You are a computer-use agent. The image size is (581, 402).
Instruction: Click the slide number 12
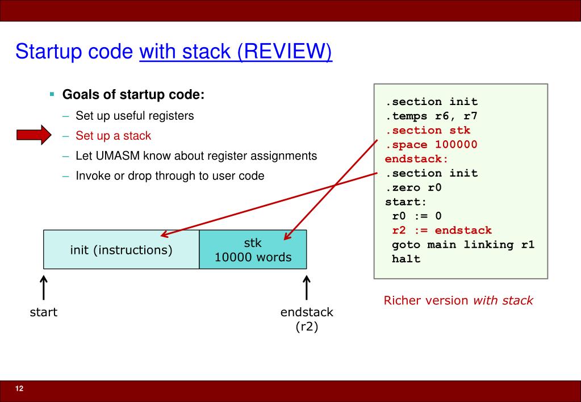tap(19, 388)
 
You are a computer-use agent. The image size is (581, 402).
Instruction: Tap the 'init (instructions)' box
tap(121, 249)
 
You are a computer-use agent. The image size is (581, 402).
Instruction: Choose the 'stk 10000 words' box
tap(253, 250)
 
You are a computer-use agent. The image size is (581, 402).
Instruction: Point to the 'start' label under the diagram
tap(43, 313)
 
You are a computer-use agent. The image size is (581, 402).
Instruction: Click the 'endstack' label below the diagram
tap(307, 313)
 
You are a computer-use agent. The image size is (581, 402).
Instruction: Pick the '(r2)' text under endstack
tap(307, 328)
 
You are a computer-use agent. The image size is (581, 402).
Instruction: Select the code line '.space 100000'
tap(432, 145)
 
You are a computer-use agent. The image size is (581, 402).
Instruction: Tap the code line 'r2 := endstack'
tap(442, 231)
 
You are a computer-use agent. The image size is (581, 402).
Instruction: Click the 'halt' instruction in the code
tap(406, 259)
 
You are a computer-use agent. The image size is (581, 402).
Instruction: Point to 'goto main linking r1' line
tap(463, 245)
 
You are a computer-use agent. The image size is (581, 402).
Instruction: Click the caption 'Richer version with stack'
tap(458, 300)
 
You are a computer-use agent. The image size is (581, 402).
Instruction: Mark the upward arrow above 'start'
tap(43, 287)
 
